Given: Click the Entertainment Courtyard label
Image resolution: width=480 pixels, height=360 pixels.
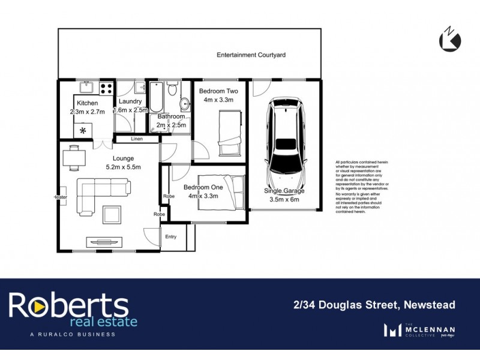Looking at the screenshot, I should (x=251, y=55).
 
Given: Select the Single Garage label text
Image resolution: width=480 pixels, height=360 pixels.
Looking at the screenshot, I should (x=284, y=191).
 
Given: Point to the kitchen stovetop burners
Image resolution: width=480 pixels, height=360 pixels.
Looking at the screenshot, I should (x=107, y=88).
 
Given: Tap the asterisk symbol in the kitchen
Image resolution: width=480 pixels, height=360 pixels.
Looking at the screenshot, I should (x=83, y=130).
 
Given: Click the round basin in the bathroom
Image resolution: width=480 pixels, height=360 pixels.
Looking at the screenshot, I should (x=185, y=102).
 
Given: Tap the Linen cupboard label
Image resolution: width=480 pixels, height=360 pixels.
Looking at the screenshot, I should (x=137, y=139).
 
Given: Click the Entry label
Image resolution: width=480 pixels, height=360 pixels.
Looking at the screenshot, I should (x=171, y=236).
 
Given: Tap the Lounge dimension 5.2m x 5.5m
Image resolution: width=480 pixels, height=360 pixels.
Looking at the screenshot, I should (x=123, y=167).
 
